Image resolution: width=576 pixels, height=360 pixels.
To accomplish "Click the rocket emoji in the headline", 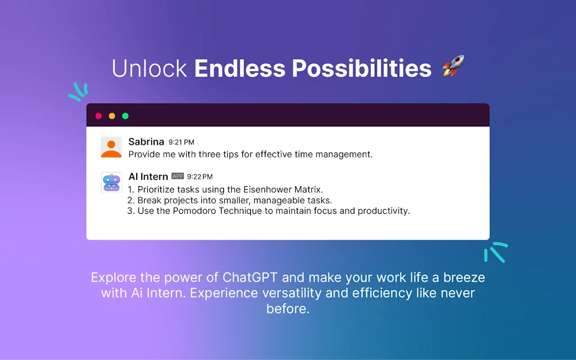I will coord(452,67).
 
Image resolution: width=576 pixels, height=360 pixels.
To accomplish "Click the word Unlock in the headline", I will coord(149,68).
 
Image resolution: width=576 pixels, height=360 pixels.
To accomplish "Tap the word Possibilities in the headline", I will coord(361,68).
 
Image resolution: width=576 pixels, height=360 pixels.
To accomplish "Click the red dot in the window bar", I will coord(98,116).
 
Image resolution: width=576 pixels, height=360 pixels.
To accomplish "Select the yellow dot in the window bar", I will coord(112,116).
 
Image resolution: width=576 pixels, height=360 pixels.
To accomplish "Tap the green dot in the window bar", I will coord(125,116).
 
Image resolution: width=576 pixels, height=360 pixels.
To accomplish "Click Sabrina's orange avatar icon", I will coord(111,147).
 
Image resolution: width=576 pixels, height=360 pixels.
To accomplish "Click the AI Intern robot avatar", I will coord(111,183).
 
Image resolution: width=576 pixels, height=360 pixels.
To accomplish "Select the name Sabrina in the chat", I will coord(146,142).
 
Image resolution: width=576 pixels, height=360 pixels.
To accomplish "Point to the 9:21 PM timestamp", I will coord(181,143).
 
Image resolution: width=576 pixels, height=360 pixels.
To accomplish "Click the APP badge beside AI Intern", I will coord(177,177).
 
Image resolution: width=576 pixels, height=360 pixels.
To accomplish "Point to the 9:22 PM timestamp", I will coord(200,177).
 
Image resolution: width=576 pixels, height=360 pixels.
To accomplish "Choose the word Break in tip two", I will coord(150,200).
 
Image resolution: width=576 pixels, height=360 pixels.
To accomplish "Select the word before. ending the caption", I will coord(288,309).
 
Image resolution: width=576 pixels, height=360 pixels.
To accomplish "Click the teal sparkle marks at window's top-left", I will coord(78,92).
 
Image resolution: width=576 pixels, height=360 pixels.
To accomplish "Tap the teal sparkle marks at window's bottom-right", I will coord(495,252).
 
